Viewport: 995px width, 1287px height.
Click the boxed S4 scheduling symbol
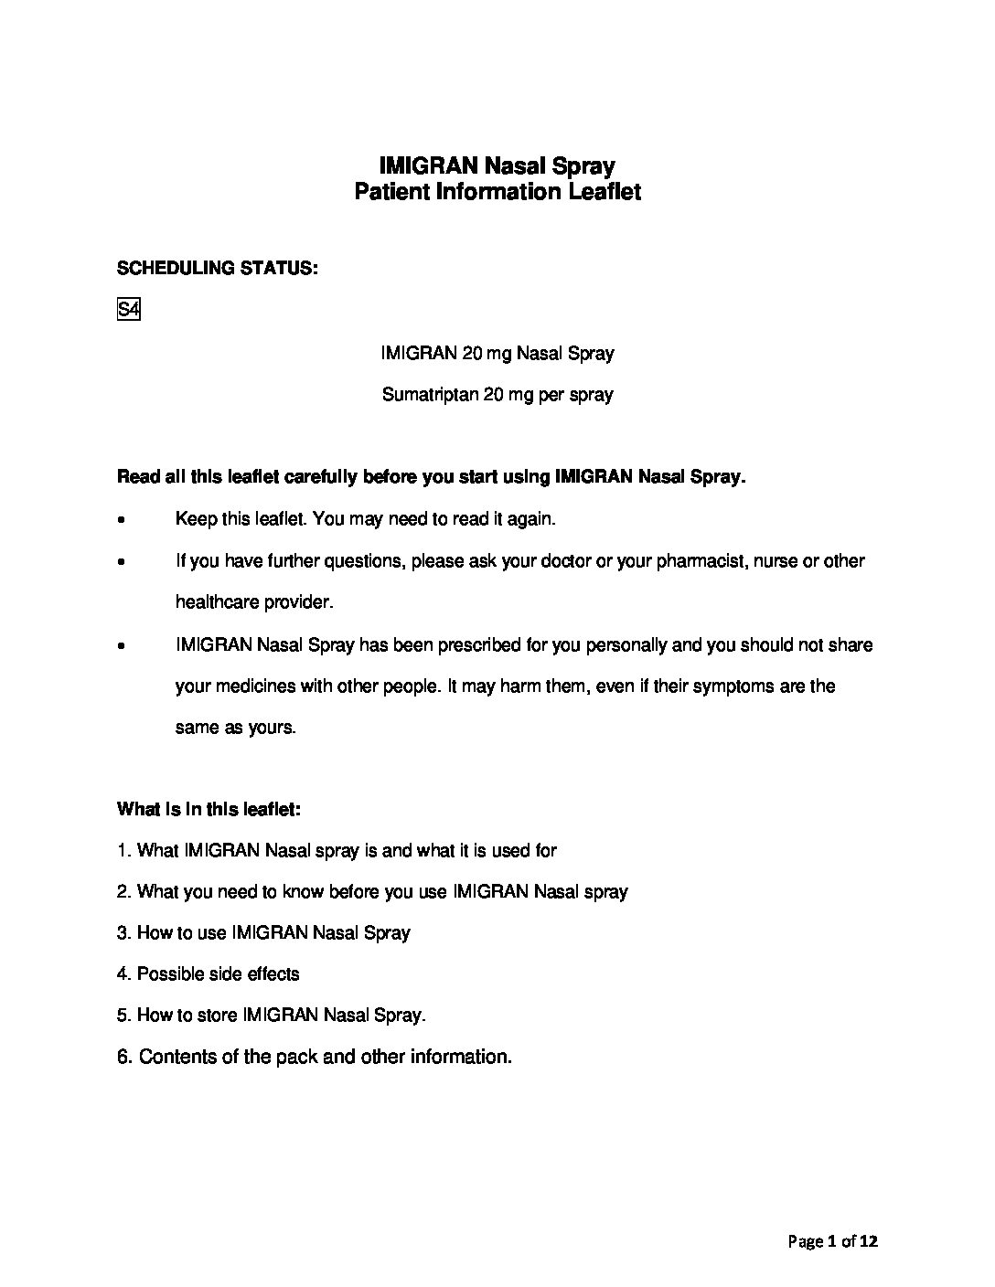128,311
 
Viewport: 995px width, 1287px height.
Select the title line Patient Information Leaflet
497,192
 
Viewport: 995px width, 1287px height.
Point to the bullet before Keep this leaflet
122,520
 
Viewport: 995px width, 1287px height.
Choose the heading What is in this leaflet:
209,809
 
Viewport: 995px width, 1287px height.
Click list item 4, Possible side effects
209,973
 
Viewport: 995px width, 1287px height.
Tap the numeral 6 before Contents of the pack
123,1057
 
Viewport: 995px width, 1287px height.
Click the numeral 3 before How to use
123,932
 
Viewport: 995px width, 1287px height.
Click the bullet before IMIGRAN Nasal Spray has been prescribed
122,645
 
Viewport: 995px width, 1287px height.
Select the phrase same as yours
236,729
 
